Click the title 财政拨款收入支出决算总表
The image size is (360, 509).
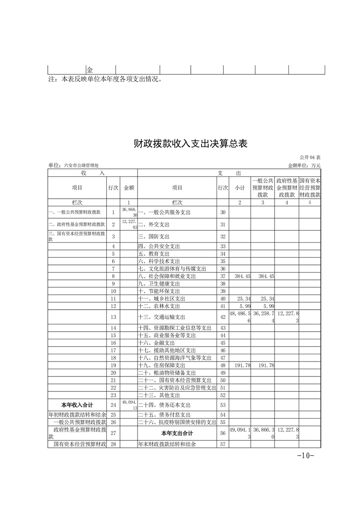click(x=190, y=144)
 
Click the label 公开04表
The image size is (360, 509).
click(x=310, y=157)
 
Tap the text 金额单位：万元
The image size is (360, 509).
click(x=305, y=166)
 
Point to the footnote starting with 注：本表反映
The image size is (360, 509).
click(x=105, y=79)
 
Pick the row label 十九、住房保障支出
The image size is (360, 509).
click(x=161, y=365)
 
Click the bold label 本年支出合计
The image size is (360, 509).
click(x=177, y=433)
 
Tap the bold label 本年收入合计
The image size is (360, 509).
click(x=76, y=405)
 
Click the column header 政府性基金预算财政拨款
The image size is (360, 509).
click(x=286, y=187)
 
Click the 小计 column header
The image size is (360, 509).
click(x=240, y=188)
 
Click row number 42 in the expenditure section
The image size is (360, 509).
click(x=222, y=317)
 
